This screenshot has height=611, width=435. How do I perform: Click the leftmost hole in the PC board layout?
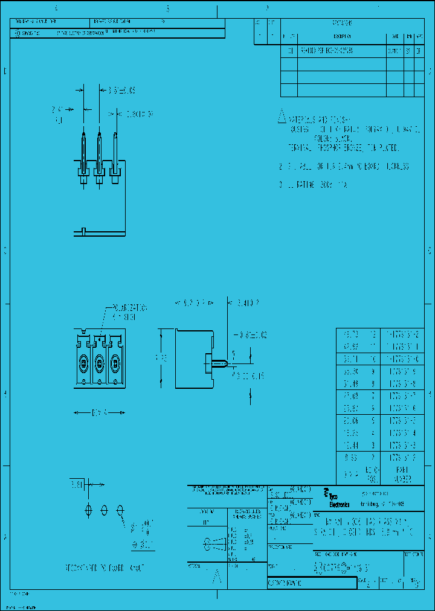tap(89, 511)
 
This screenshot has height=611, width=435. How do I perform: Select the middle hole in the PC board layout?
tap(104, 511)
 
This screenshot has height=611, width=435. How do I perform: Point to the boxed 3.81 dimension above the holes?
tap(77, 484)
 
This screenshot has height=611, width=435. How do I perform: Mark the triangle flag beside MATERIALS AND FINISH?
tap(281, 117)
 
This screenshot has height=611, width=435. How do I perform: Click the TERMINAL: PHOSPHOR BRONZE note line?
tap(343, 147)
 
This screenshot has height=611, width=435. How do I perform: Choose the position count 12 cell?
tap(373, 334)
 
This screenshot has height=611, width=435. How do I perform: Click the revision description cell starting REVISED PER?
tap(326, 51)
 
